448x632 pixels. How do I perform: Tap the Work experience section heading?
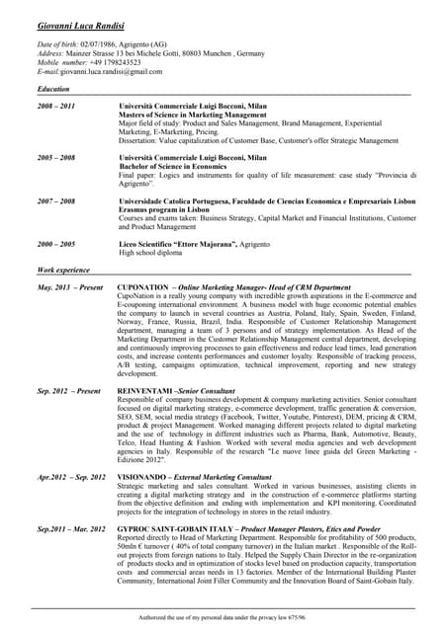pos(63,270)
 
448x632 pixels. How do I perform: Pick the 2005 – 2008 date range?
pos(56,157)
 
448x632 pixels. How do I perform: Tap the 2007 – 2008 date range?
pos(56,200)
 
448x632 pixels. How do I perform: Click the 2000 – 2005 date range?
pos(56,244)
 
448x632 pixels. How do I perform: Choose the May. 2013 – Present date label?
pos(70,286)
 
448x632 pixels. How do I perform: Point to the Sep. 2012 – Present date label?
pos(69,391)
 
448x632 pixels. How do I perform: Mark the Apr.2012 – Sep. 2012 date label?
pos(71,476)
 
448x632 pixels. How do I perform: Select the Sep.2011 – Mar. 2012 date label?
pos(71,529)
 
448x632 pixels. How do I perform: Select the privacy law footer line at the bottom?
pos(224,616)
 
